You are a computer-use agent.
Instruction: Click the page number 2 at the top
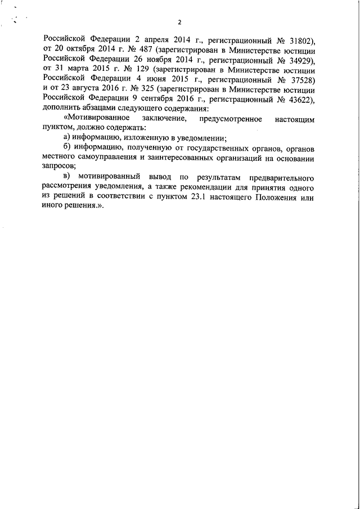click(179, 22)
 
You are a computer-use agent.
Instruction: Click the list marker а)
click(66, 138)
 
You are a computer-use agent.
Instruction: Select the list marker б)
click(66, 148)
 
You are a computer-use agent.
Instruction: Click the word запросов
click(58, 168)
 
